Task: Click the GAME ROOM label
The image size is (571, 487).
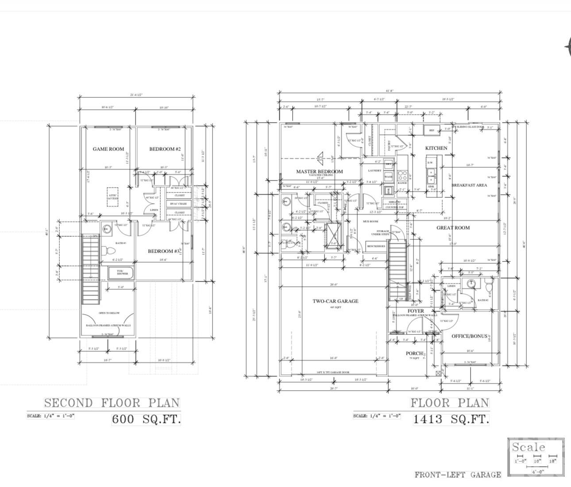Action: (x=108, y=149)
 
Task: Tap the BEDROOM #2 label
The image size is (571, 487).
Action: (x=162, y=149)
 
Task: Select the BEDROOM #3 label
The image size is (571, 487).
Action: (x=164, y=251)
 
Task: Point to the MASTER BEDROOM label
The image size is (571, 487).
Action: (x=319, y=172)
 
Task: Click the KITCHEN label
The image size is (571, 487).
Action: (x=436, y=148)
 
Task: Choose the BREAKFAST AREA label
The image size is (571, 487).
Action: (x=469, y=185)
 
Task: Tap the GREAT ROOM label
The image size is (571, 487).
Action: (x=453, y=228)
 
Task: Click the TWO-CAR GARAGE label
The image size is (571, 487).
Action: (x=336, y=301)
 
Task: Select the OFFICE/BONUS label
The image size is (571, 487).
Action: (x=469, y=336)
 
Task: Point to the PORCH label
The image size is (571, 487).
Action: (x=414, y=353)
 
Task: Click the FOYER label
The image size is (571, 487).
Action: (x=415, y=311)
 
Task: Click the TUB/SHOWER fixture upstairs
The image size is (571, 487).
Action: (x=122, y=272)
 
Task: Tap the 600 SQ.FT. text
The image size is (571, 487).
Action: (x=146, y=419)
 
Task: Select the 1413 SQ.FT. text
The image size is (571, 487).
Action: (x=451, y=419)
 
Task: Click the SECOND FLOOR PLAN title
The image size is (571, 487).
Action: (x=112, y=403)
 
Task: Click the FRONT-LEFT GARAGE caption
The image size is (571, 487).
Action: (x=458, y=475)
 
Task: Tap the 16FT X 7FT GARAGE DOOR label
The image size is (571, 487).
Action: (x=333, y=372)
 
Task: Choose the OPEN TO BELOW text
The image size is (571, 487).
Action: (x=109, y=314)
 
